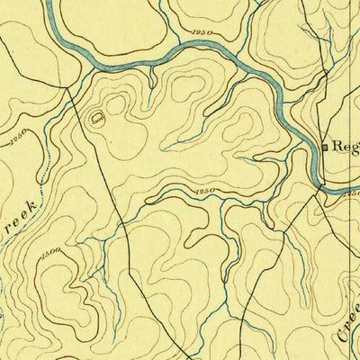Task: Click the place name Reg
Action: pos(345,144)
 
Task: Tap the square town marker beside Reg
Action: pos(324,145)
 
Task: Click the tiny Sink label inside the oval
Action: pos(96,116)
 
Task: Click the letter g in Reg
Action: pos(355,147)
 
